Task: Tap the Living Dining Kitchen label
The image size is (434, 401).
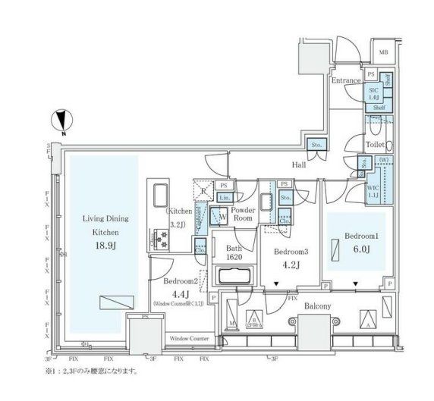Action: click(x=105, y=227)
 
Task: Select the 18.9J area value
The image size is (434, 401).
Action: click(x=105, y=246)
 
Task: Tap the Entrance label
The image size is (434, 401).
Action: click(x=345, y=79)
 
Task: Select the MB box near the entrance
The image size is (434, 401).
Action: click(x=384, y=53)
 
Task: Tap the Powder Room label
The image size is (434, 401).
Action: click(x=242, y=213)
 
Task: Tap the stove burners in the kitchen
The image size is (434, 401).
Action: click(x=161, y=241)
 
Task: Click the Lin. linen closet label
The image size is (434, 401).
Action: click(x=223, y=197)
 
